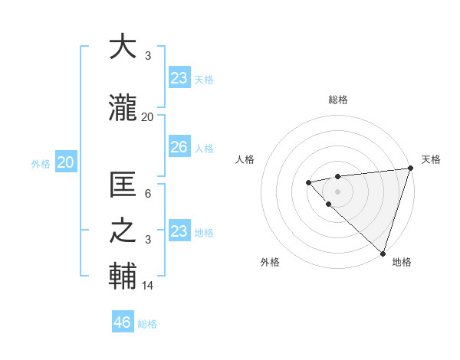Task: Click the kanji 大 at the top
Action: click(123, 47)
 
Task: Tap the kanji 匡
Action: click(123, 185)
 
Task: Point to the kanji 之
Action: click(123, 231)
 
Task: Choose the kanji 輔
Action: click(123, 277)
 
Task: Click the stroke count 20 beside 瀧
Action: click(148, 117)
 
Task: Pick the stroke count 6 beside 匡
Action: click(148, 194)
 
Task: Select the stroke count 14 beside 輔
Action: click(148, 286)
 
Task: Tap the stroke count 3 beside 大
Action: click(148, 56)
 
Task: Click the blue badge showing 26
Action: click(179, 147)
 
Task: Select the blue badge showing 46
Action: click(123, 322)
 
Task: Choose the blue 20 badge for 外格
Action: click(66, 162)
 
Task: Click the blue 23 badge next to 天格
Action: click(179, 78)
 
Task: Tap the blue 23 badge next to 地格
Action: click(179, 231)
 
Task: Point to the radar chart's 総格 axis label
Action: click(338, 100)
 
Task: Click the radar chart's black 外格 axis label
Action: click(270, 262)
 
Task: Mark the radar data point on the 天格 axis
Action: click(410, 169)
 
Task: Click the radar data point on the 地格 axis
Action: click(383, 253)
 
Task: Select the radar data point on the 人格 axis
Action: click(308, 182)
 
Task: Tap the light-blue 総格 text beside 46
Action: click(147, 324)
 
